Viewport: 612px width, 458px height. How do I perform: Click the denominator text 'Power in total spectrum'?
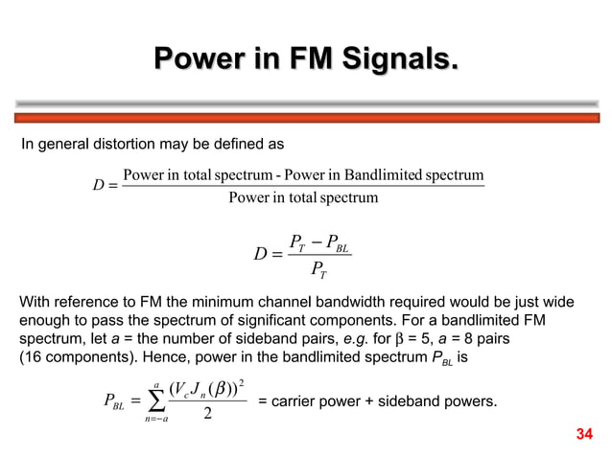click(x=304, y=197)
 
